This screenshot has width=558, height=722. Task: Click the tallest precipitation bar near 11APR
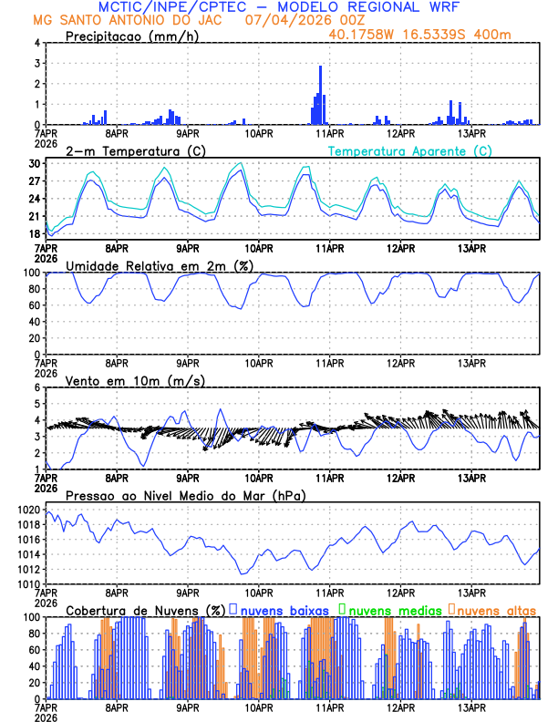320,95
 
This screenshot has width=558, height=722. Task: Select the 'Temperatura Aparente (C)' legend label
410,150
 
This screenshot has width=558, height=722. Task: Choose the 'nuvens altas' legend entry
495,609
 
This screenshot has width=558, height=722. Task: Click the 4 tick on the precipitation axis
36,43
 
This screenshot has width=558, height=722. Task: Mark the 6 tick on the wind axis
36,387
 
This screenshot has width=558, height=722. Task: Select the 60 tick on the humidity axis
34,305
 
